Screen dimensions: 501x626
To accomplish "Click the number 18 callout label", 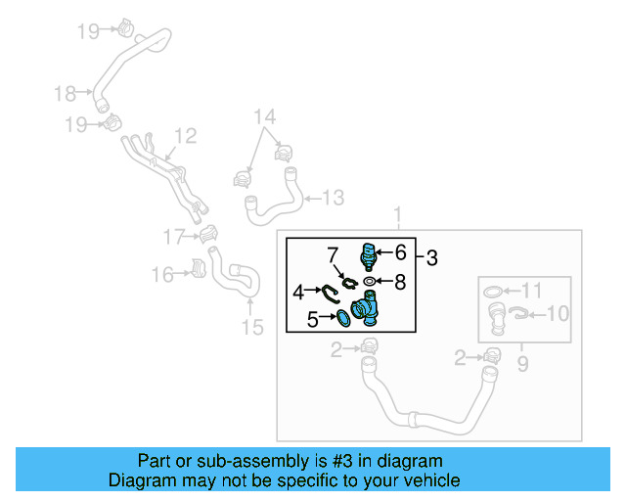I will [x=65, y=94].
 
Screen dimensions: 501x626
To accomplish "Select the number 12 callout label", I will [x=185, y=136].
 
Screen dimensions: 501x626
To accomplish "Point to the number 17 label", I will [x=174, y=236].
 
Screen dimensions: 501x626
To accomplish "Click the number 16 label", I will [x=162, y=275].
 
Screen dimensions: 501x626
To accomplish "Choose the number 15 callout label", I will [x=252, y=327].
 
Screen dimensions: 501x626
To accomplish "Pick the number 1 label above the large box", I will [x=397, y=214].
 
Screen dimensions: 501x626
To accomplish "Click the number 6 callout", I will [x=399, y=251].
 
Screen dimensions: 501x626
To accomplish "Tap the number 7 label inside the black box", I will [x=332, y=254].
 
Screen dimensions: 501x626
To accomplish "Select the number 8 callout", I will [x=399, y=282].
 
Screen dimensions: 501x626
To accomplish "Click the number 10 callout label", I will [x=556, y=313].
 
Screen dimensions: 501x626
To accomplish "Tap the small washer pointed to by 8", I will [x=369, y=282].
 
